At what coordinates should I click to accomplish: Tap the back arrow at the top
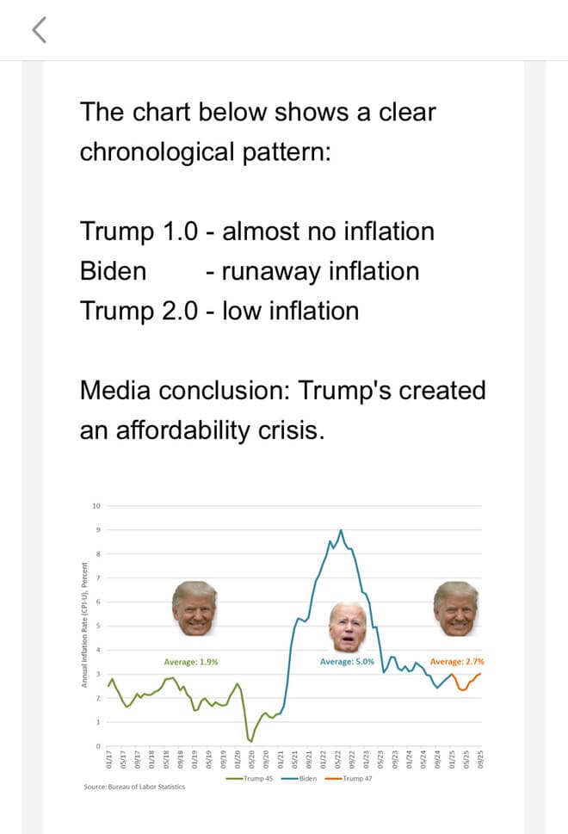tap(37, 31)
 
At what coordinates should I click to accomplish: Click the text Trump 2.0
tap(139, 310)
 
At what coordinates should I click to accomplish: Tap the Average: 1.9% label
tap(191, 662)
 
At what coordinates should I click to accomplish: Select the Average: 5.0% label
tap(346, 662)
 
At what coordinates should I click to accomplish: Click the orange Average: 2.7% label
tap(457, 662)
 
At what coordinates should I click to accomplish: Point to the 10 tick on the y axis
tap(96, 505)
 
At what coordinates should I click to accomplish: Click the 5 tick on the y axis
tap(98, 626)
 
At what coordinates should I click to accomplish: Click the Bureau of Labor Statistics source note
tap(133, 787)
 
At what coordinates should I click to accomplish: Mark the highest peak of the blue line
tap(342, 530)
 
